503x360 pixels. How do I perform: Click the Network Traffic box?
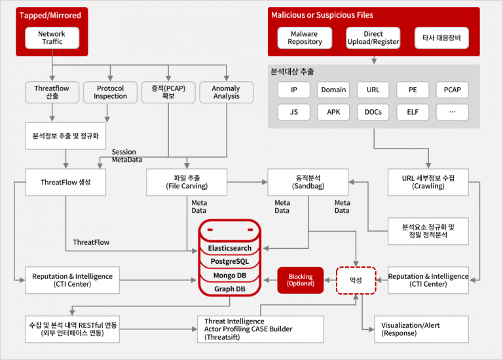point(52,38)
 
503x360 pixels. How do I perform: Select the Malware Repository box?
point(305,38)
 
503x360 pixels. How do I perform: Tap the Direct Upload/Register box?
point(373,38)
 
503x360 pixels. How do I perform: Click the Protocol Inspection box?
point(110,92)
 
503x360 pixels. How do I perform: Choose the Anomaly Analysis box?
point(227,92)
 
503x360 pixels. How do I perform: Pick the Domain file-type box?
point(333,90)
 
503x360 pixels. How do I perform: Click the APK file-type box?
point(333,112)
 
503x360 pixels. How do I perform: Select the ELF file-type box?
point(413,112)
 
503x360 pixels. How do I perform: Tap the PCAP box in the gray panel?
point(452,90)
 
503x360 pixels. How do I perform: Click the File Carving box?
point(187,182)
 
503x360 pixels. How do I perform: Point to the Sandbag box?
point(308,182)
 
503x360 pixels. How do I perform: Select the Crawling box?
point(428,182)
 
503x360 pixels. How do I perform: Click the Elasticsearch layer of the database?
point(230,248)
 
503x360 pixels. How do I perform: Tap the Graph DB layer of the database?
point(230,289)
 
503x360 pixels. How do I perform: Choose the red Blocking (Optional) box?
point(300,280)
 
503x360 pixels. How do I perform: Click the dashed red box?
point(356,280)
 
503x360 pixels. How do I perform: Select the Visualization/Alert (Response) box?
point(422,329)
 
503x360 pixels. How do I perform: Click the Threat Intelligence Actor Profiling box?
point(261,329)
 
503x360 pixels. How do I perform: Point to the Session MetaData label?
point(126,156)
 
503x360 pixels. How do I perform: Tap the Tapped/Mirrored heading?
point(50,16)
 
